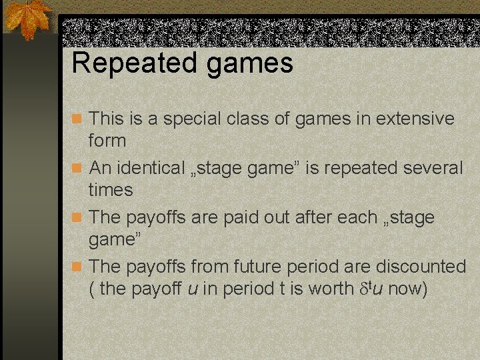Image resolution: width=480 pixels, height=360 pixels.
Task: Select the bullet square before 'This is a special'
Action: [77, 119]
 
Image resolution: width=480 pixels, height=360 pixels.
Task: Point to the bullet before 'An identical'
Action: [77, 168]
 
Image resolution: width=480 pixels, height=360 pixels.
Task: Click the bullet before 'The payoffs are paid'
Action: [77, 217]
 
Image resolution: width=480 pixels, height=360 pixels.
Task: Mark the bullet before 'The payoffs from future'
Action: [77, 267]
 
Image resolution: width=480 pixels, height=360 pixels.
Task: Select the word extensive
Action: [415, 119]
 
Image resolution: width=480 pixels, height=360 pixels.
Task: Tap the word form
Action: [107, 141]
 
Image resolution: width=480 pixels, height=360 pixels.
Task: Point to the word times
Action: [111, 190]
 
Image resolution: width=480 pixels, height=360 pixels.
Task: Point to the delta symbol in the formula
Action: [364, 289]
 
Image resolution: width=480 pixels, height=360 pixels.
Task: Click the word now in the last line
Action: [409, 289]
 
